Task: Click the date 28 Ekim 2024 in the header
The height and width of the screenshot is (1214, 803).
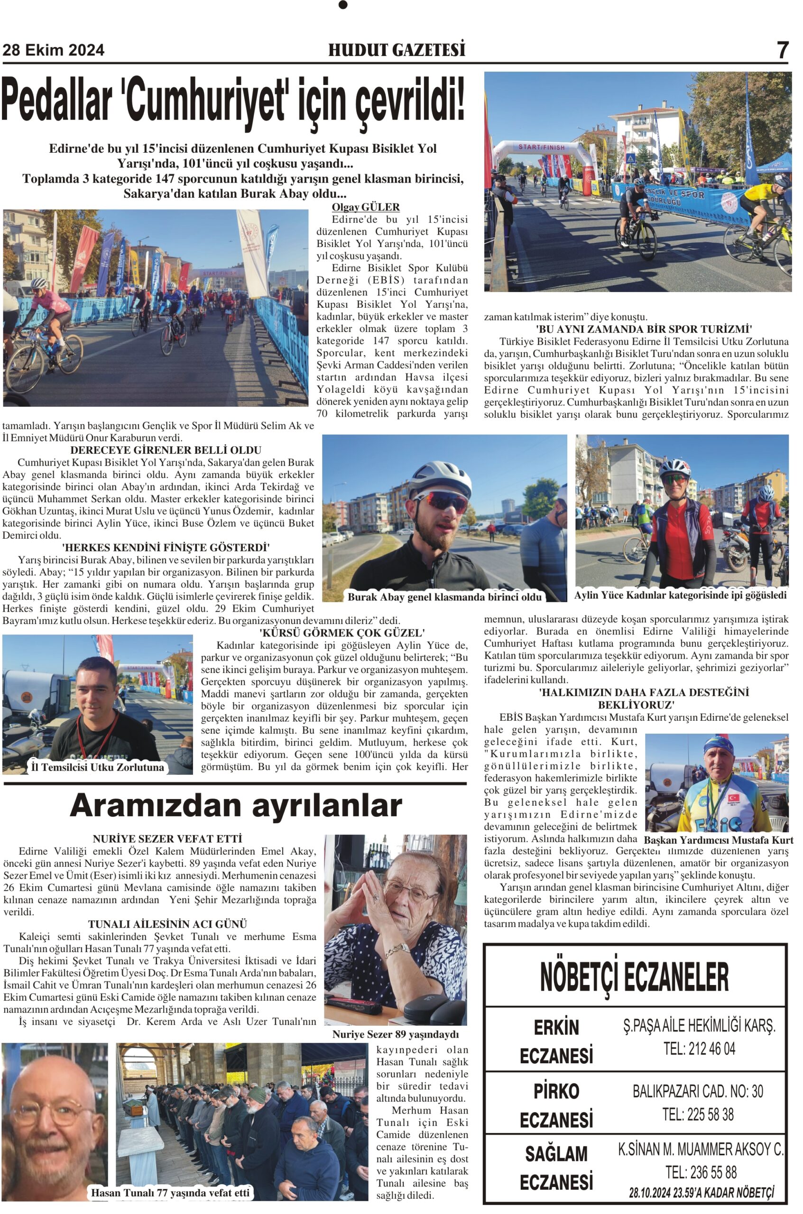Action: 53,50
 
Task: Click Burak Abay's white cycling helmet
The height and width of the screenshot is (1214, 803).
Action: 443,476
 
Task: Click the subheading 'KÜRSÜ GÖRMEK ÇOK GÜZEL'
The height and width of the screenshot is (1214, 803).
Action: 342,633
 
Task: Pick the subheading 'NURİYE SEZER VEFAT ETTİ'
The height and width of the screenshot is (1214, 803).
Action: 167,839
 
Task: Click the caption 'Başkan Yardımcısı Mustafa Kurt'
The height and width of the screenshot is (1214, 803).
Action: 718,840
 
